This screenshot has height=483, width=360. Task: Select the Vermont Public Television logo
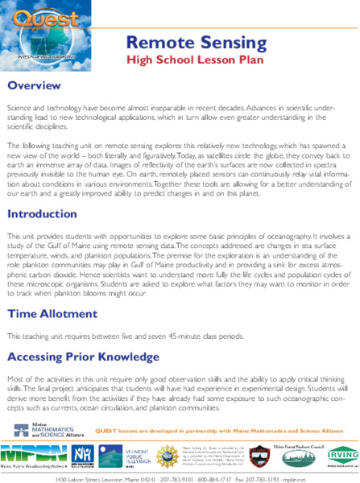pos(116,452)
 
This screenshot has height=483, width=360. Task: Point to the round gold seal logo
pos(167,452)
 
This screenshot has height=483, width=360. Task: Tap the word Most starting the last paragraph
pos(14,378)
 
